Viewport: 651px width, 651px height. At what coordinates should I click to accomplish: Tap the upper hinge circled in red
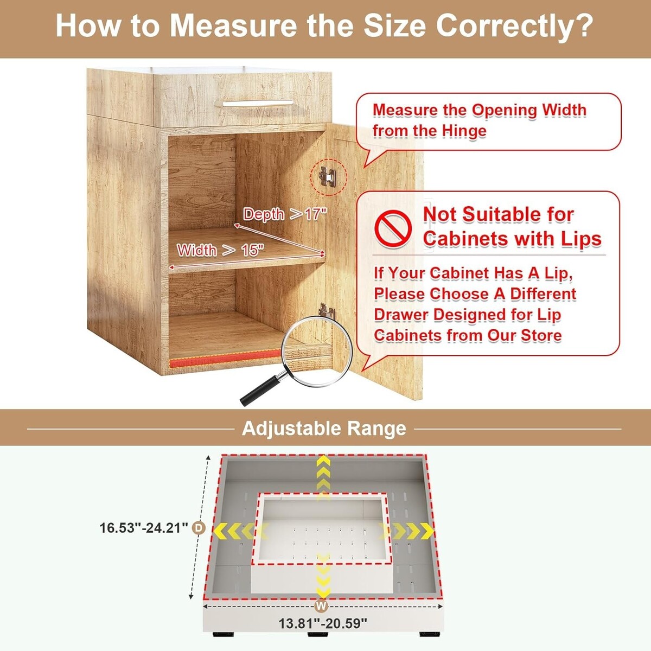coord(327,176)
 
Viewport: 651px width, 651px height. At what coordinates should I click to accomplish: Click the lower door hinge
coord(327,311)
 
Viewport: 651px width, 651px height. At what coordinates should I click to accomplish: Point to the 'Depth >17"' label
coord(285,214)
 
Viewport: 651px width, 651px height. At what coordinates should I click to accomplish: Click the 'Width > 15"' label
coord(220,250)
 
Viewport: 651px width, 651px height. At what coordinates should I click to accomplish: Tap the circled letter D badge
coord(199,528)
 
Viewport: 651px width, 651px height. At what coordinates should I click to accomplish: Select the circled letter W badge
coord(321,606)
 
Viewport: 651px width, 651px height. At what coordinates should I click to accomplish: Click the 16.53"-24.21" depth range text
coord(144,528)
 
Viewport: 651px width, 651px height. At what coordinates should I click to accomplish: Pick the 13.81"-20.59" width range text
coord(323,624)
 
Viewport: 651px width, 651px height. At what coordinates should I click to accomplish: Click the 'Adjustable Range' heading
coord(324,429)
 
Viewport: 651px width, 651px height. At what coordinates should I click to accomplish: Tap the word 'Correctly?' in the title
coord(514,26)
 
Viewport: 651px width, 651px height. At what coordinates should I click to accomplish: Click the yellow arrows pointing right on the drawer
coord(407,531)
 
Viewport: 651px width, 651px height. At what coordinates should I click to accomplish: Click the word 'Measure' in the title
coord(233,25)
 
